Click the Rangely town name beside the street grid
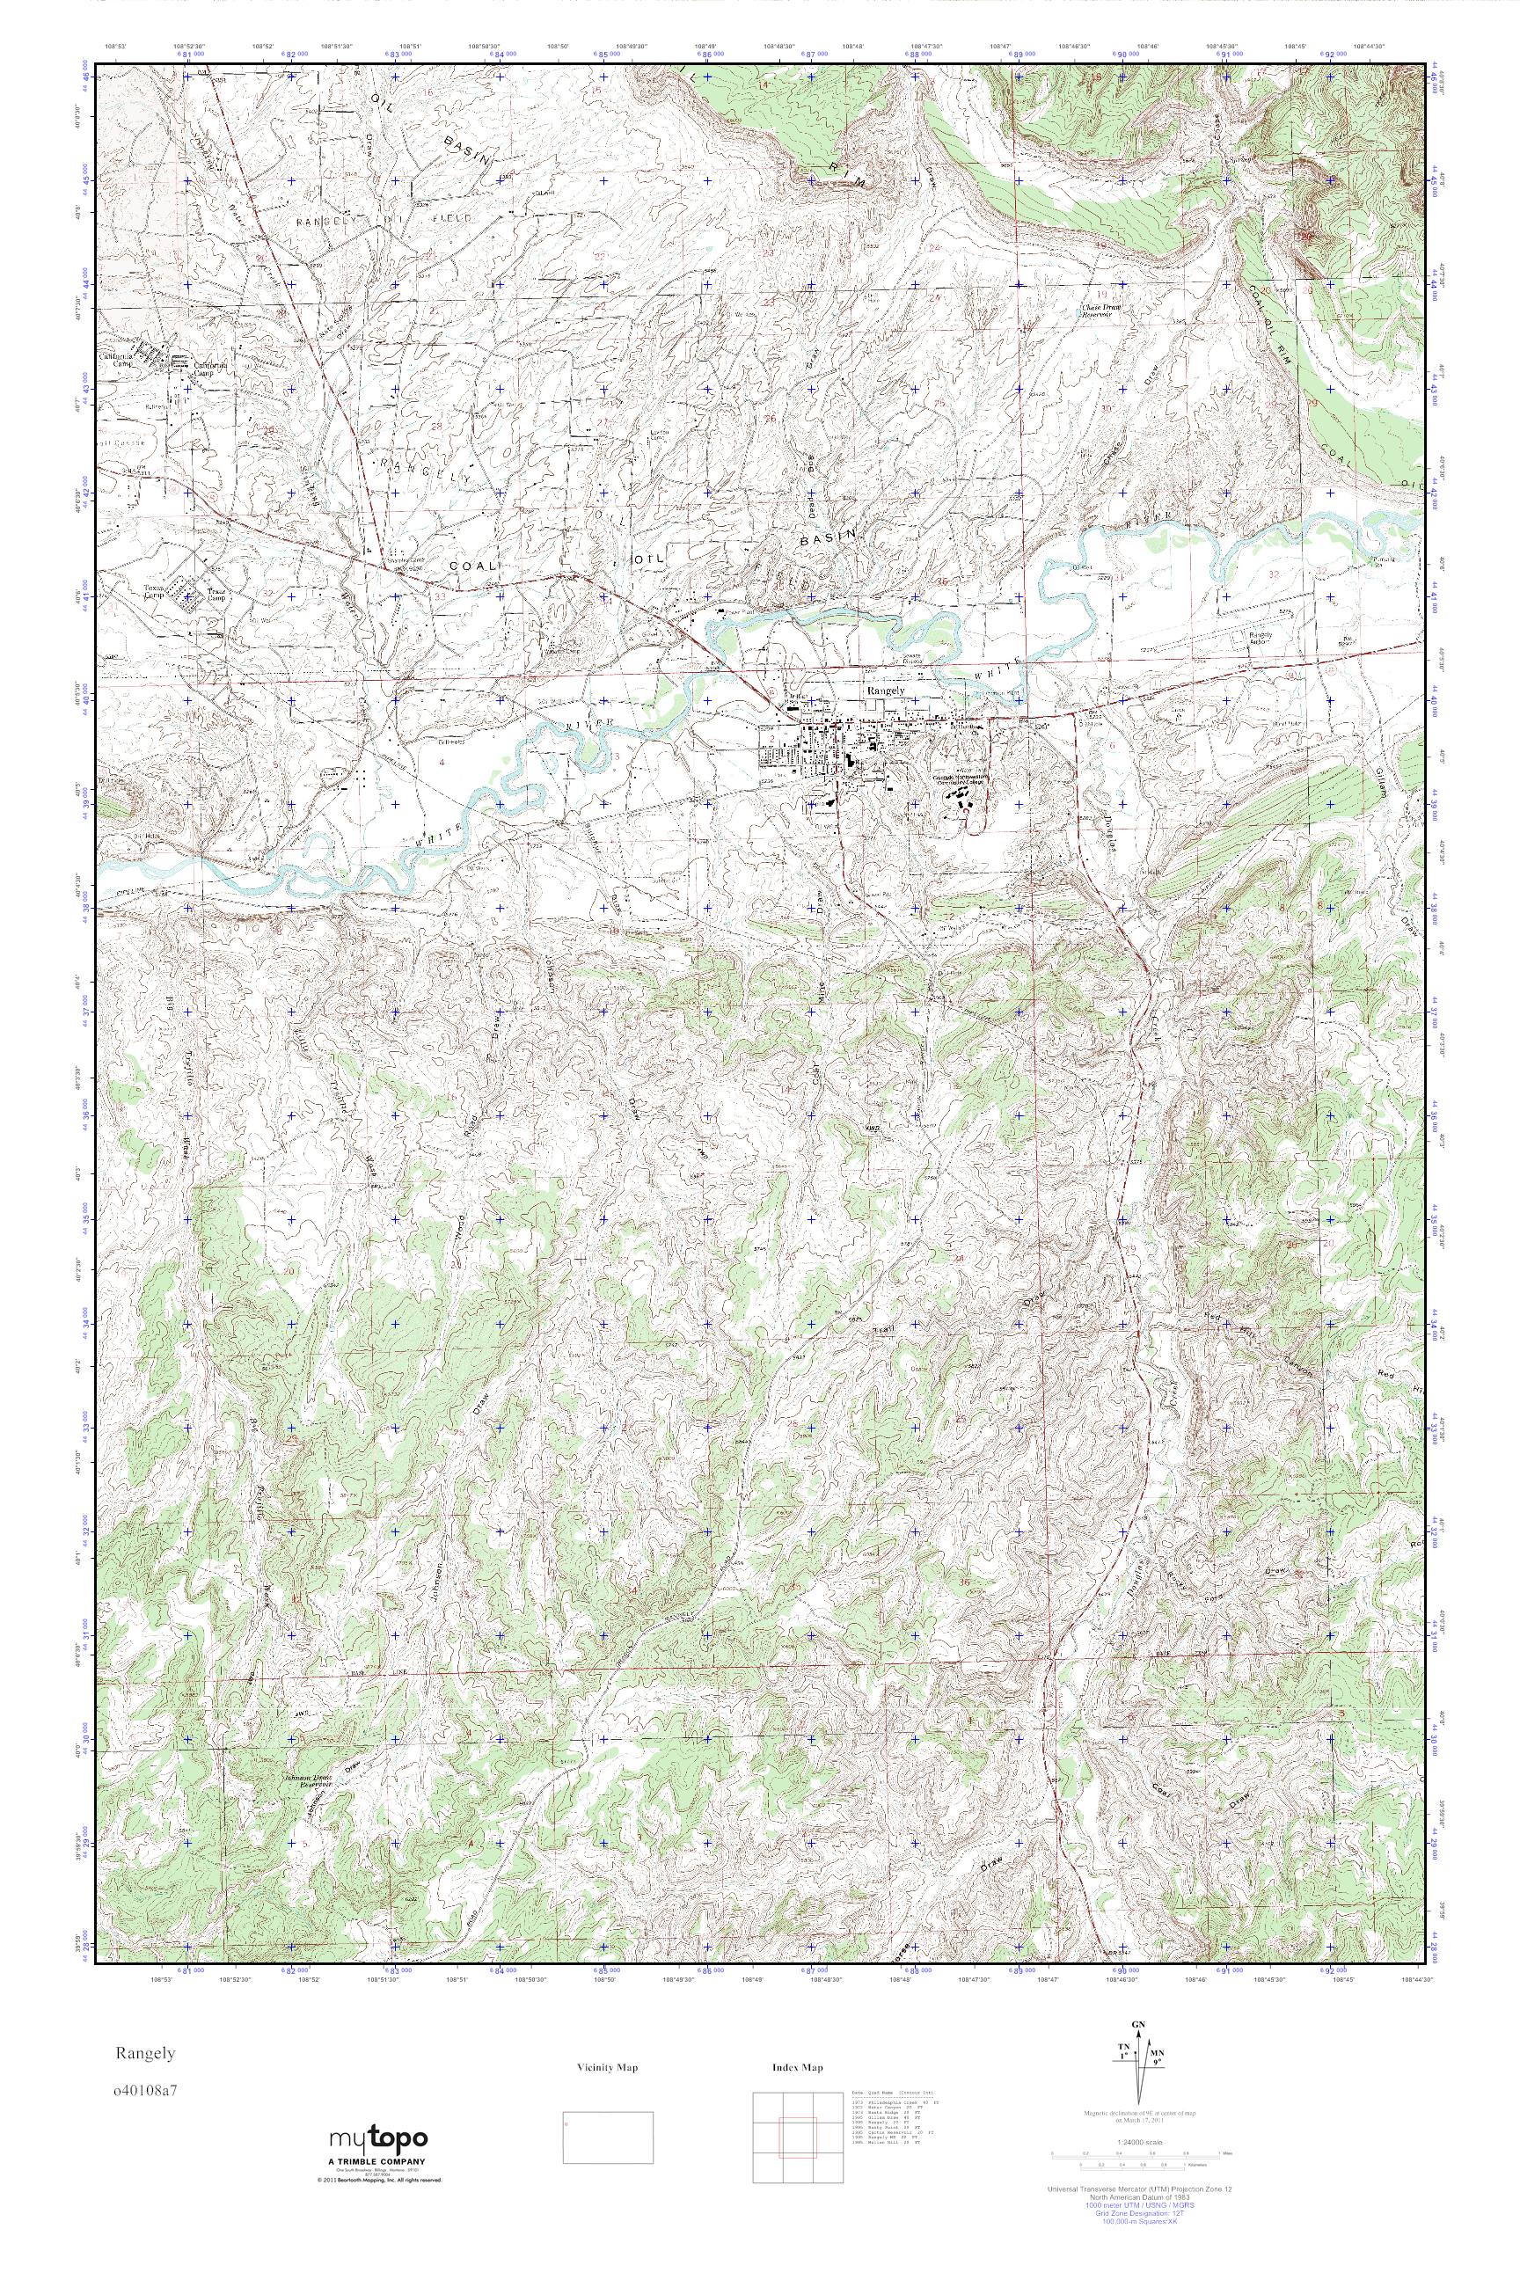coord(884,690)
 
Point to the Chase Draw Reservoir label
coord(1102,313)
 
